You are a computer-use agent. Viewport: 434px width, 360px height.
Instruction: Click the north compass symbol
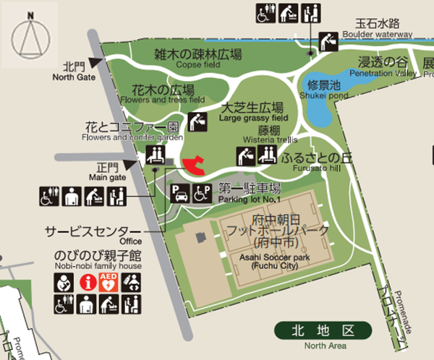point(30,35)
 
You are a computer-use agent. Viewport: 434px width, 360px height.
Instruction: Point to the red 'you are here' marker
point(193,165)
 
